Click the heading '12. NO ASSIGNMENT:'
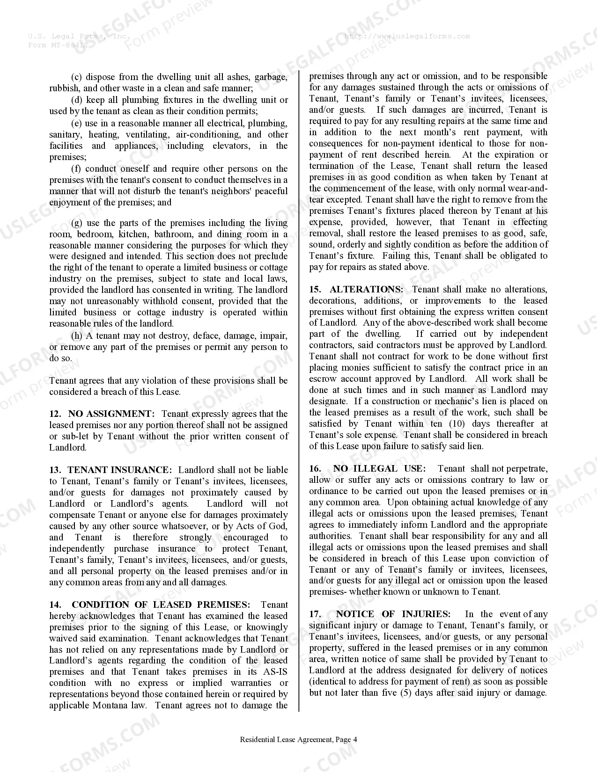(102, 414)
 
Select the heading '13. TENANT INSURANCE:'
(111, 470)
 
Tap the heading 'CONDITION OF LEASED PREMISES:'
(161, 604)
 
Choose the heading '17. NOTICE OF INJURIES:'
(380, 614)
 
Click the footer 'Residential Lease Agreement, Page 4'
(298, 740)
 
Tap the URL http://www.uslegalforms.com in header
(406, 36)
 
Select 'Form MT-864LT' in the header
(58, 45)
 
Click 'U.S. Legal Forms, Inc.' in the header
(79, 36)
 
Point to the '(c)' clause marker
(77, 77)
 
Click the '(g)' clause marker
(77, 223)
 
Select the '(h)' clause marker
(77, 336)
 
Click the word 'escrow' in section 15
(323, 379)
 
